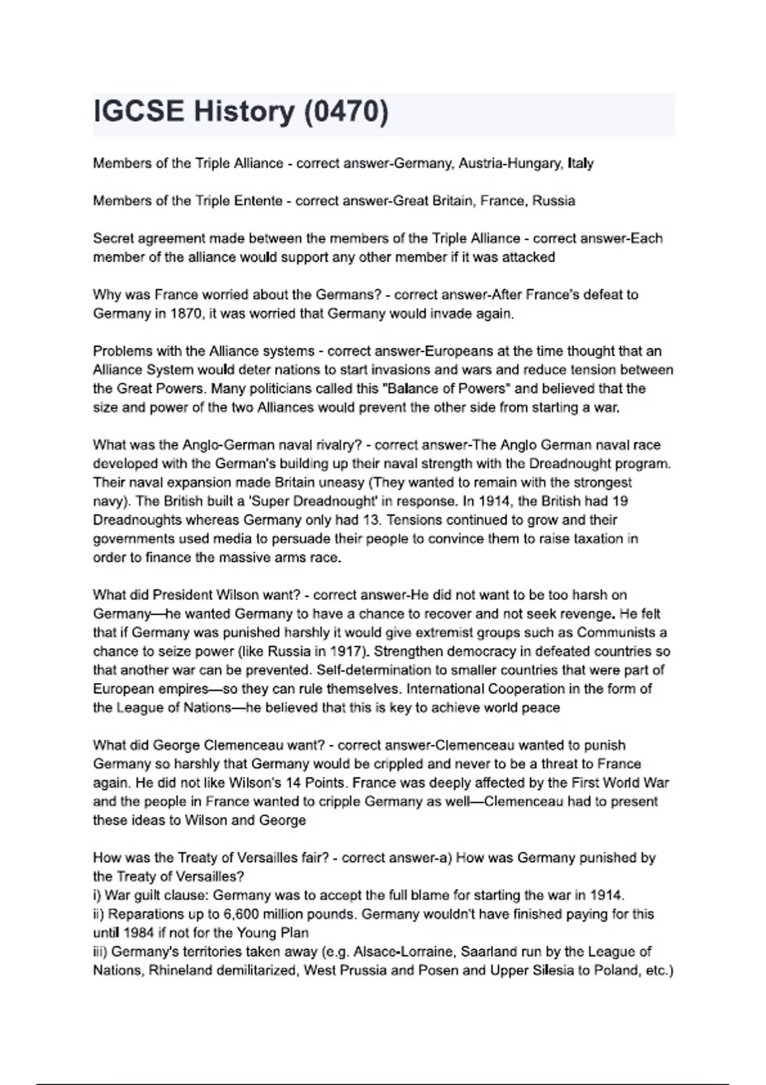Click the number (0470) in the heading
[x=345, y=112]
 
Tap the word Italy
[x=580, y=163]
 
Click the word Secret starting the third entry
[x=114, y=239]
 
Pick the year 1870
[x=186, y=314]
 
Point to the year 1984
[x=139, y=933]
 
